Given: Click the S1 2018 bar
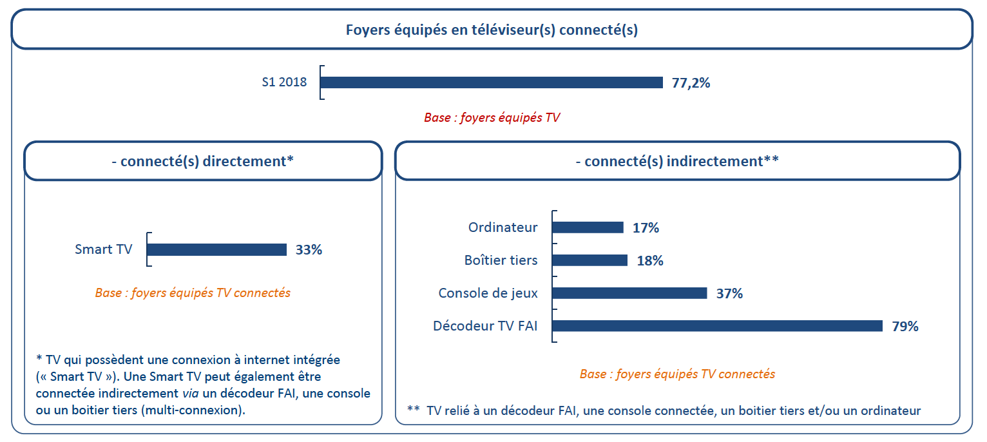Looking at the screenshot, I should (x=491, y=82).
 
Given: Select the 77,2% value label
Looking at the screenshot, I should (x=691, y=82).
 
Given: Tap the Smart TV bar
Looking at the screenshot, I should (x=216, y=250).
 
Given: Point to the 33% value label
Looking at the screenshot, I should (x=309, y=250).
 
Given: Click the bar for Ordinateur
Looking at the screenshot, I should (x=588, y=227).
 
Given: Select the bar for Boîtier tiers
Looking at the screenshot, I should (x=590, y=260).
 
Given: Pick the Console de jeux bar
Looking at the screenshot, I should (x=629, y=293).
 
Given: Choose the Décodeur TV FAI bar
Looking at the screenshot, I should (x=717, y=326).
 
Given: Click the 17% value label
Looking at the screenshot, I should (x=646, y=227).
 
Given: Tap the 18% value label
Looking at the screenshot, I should (x=649, y=260).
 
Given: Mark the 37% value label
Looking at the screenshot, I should (x=729, y=293).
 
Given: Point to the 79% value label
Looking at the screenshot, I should (x=905, y=326).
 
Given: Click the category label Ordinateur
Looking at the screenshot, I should (x=503, y=227).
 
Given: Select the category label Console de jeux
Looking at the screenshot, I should (x=488, y=293).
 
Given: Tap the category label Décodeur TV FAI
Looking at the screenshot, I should (x=485, y=326).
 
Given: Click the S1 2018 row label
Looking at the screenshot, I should (x=284, y=82).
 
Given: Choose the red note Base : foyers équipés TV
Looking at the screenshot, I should (x=492, y=118).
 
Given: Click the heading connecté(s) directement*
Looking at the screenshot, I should (x=203, y=161).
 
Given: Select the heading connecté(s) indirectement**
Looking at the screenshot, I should (x=677, y=161).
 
